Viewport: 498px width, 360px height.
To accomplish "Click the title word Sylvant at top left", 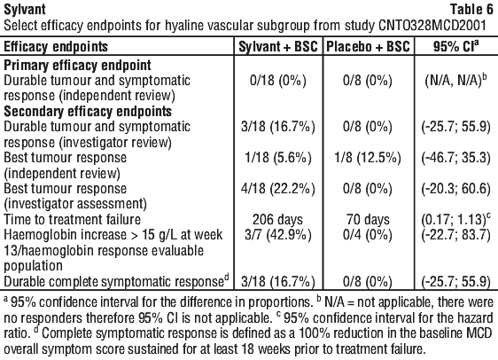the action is coord(25,9).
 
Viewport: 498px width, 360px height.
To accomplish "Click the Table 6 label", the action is coord(471,9).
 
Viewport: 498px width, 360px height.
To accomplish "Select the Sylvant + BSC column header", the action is coord(278,47).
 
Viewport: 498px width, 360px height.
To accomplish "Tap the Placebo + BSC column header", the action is coord(368,47).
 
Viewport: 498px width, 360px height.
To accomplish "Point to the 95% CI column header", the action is coord(455,46).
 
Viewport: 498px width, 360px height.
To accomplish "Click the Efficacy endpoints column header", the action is coord(56,47).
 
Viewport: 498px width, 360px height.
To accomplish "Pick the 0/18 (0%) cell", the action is coord(278,81).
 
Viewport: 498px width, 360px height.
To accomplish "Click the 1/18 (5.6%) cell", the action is coord(278,158).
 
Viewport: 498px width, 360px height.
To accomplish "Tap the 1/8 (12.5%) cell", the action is coord(368,158).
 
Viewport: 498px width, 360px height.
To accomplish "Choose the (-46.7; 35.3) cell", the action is coord(456,158).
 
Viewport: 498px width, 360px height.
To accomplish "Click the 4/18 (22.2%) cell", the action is coord(278,189).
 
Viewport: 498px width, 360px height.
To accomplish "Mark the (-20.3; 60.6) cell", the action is coord(456,189).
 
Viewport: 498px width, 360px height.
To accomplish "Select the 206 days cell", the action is coord(278,220).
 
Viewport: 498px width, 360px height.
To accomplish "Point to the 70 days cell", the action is coord(368,220).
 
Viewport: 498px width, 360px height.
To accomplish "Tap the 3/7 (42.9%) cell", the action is coord(278,235).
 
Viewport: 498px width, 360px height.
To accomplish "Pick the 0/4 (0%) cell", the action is coord(368,235).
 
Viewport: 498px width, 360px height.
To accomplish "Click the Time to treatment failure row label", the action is coord(72,220).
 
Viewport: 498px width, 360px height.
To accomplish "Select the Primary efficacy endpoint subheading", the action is coord(77,65).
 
